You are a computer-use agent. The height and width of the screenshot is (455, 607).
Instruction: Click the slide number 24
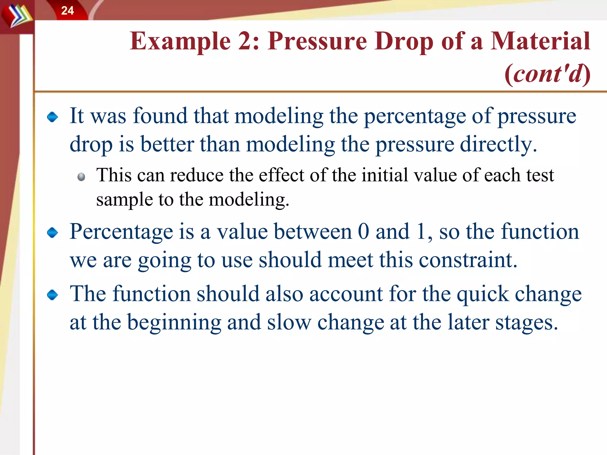[x=67, y=11]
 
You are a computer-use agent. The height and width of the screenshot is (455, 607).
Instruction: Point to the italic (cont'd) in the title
[x=547, y=74]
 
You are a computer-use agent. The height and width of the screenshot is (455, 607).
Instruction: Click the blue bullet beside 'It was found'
[x=52, y=117]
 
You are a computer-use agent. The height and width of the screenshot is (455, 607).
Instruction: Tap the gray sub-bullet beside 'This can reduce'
[x=81, y=177]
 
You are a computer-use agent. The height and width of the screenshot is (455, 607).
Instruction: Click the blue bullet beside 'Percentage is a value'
[x=52, y=233]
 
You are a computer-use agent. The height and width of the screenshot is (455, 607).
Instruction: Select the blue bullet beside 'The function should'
[x=52, y=295]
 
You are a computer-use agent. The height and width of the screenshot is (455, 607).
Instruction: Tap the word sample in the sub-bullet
[x=124, y=200]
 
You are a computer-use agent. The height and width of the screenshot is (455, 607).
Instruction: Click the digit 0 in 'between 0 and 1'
[x=363, y=231]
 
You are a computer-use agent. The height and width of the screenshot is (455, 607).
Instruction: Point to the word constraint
[x=468, y=260]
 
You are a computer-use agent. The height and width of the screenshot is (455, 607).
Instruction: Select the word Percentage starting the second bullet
[x=121, y=232]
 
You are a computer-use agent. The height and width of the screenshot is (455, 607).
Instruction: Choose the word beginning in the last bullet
[x=174, y=323]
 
